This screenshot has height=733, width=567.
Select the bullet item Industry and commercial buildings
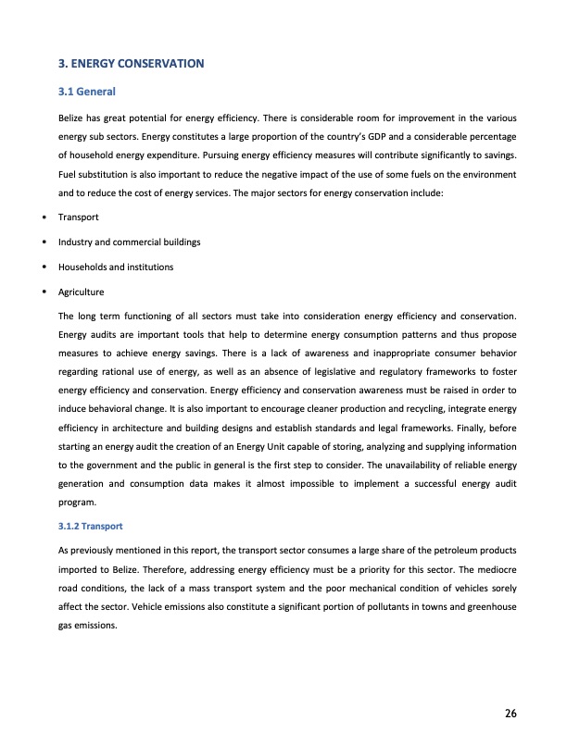130,242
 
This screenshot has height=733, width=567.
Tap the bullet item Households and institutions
116,267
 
